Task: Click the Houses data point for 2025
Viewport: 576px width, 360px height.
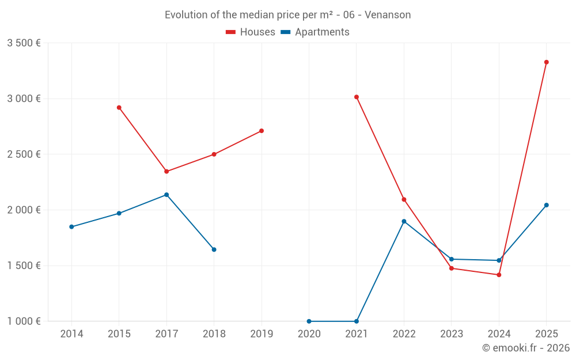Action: [x=546, y=62]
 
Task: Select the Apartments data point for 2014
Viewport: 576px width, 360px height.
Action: [x=71, y=227]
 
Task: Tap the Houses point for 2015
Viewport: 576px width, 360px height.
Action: [x=119, y=108]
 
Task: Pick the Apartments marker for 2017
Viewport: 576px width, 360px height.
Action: [x=166, y=195]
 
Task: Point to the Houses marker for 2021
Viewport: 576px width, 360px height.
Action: [x=357, y=97]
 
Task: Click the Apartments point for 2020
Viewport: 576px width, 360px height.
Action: [x=309, y=321]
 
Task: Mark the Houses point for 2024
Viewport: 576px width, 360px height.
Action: [x=499, y=275]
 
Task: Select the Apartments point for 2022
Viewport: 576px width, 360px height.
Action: [x=404, y=221]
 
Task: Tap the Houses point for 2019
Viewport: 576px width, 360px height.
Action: [x=262, y=131]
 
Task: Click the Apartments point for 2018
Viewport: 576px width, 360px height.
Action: [x=214, y=249]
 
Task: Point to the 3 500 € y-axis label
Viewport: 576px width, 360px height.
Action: [x=24, y=43]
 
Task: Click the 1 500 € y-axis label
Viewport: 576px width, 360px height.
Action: [x=24, y=266]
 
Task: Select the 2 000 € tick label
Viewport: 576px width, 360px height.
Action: [x=24, y=210]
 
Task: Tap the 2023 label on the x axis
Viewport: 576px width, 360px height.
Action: [x=452, y=334]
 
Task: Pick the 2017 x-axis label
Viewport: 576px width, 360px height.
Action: [x=166, y=334]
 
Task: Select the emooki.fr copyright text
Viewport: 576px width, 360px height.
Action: [x=526, y=348]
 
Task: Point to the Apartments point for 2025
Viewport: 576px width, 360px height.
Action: [x=546, y=205]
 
